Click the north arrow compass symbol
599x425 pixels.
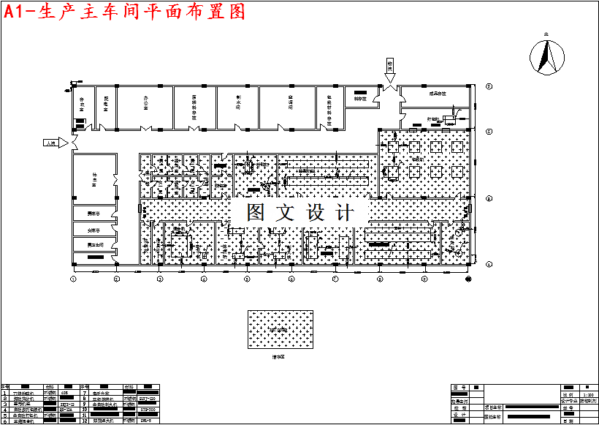coord(546,55)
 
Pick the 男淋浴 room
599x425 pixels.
coord(94,214)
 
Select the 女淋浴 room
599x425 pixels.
coord(94,229)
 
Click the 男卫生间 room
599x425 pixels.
coord(94,244)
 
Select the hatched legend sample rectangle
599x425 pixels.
coord(280,331)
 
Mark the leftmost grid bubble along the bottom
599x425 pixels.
coord(73,279)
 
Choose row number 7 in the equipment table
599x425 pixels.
coord(85,393)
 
